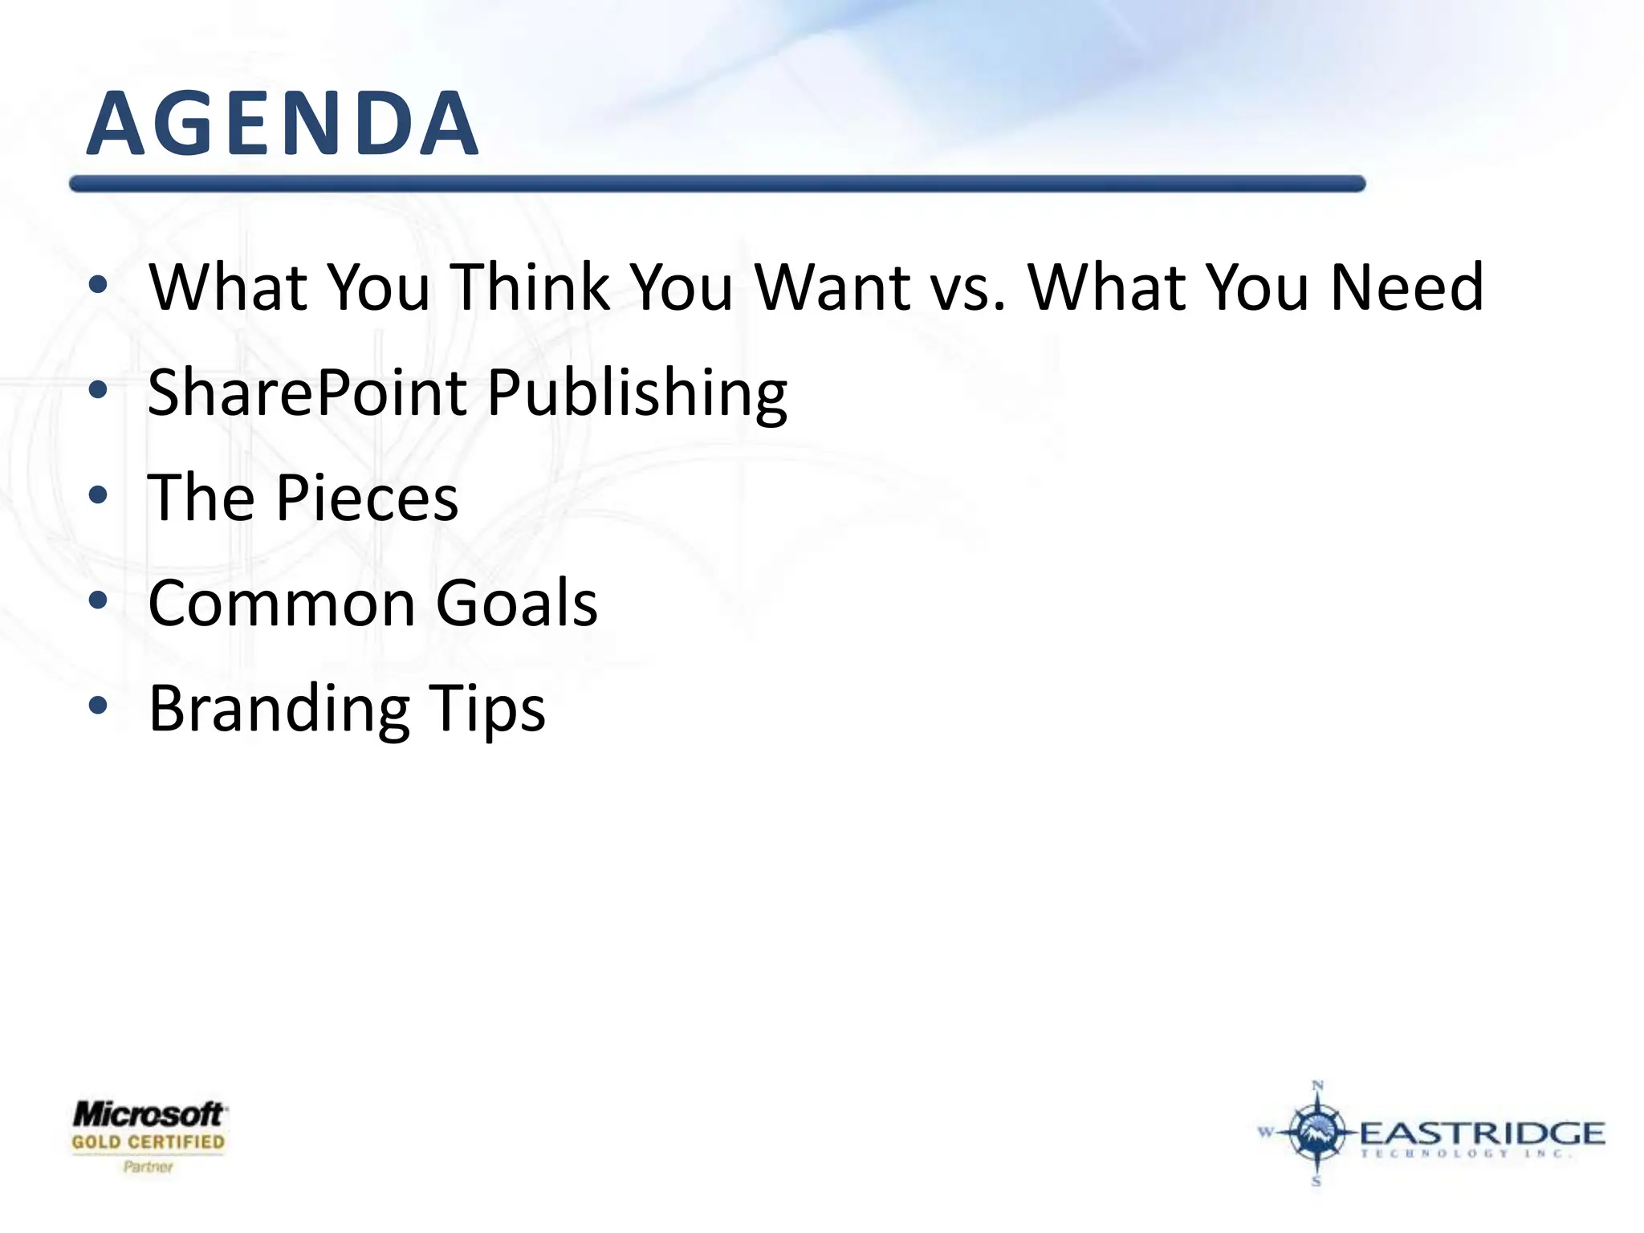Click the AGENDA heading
click(x=283, y=124)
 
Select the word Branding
click(x=279, y=710)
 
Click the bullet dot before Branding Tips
click(x=98, y=706)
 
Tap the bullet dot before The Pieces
click(x=98, y=495)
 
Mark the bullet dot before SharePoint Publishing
click(x=98, y=390)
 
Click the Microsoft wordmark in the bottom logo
click(x=149, y=1114)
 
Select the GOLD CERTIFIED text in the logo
click(x=149, y=1141)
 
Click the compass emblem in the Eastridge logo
click(x=1316, y=1133)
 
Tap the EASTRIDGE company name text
click(x=1482, y=1133)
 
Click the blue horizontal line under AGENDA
click(x=717, y=184)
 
